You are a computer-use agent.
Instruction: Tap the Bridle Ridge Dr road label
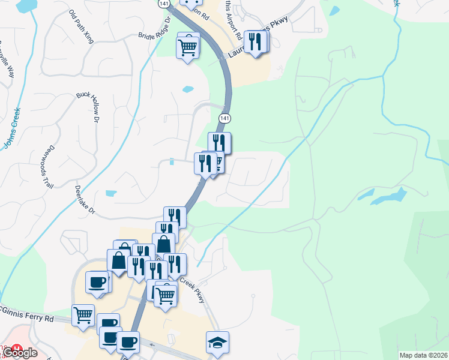pos(155,35)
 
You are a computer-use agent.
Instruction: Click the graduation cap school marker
pos(217,342)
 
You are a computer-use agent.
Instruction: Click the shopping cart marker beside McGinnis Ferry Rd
pos(83,314)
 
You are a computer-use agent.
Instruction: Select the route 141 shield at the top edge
pos(164,4)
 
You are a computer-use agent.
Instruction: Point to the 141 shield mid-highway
pos(224,118)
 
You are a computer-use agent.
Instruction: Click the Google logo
pos(20,353)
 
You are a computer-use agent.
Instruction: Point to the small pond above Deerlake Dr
pos(111,193)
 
